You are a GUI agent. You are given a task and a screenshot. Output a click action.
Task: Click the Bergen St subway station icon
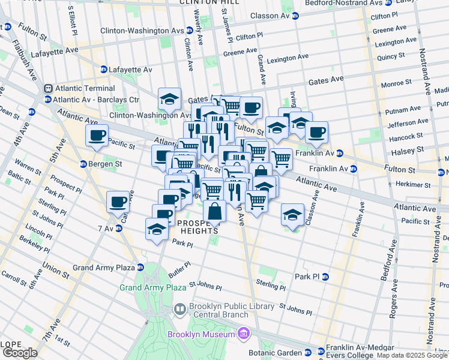[x=84, y=164]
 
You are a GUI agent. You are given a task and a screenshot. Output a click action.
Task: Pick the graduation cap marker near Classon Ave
[x=292, y=215]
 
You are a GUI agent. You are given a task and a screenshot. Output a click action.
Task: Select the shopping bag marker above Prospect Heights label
[x=214, y=211]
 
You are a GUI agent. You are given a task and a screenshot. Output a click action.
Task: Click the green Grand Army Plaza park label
[x=152, y=288]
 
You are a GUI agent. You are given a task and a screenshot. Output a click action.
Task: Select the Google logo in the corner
[x=20, y=353]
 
